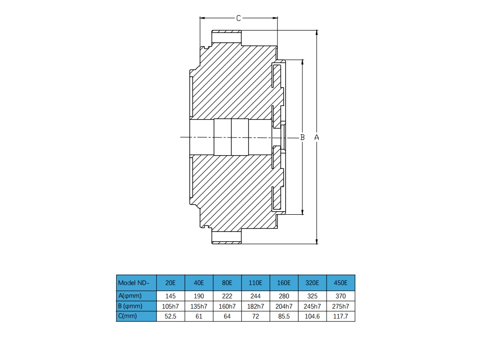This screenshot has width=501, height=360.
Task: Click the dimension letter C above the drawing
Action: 238,18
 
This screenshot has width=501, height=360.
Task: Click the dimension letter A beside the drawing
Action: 317,137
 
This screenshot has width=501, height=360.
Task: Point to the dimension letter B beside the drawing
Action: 302,137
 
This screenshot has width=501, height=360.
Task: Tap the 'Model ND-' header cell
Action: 136,283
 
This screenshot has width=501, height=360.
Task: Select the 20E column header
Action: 170,283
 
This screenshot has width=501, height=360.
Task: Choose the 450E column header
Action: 340,283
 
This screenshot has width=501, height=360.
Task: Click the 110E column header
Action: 256,283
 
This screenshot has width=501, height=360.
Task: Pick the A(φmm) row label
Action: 136,296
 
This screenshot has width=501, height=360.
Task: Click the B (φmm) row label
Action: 136,306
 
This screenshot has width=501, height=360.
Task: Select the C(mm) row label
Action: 136,316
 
